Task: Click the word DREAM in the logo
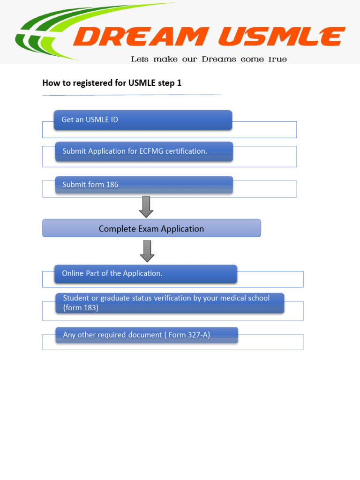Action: tap(140, 37)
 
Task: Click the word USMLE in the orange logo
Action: tap(281, 37)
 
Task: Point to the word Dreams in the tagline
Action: tap(219, 60)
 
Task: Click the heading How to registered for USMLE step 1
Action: tap(112, 83)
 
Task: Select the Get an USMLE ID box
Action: tap(143, 120)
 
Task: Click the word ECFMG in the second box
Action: tap(152, 151)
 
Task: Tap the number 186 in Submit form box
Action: tap(112, 185)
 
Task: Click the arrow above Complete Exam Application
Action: tap(146, 207)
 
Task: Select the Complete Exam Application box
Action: tap(151, 228)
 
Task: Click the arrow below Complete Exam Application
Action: tap(147, 251)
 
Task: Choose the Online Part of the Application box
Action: tap(145, 274)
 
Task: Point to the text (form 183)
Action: tap(81, 308)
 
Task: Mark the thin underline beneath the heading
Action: tap(131, 95)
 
